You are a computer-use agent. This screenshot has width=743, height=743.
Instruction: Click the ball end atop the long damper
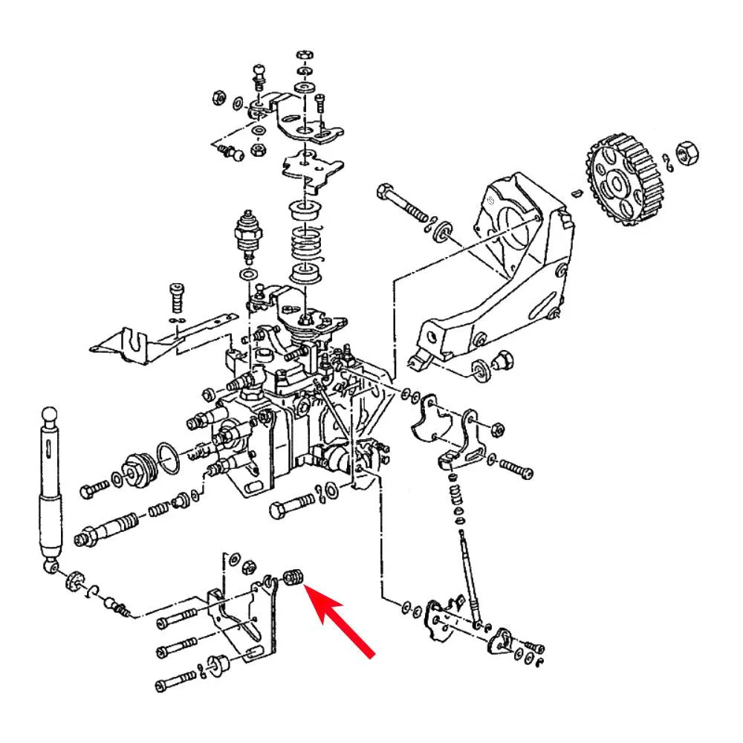tap(49, 414)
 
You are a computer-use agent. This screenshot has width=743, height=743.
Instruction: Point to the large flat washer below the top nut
tap(303, 88)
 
